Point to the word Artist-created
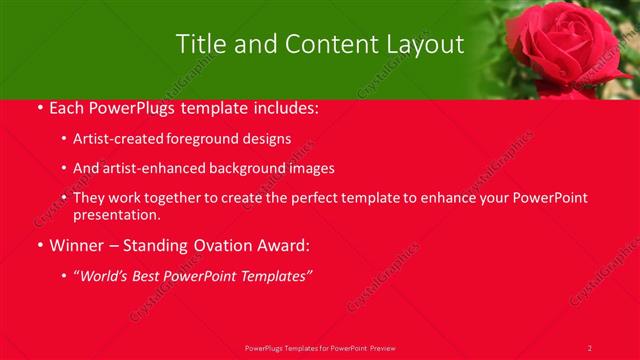tap(114, 139)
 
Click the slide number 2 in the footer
tap(589, 347)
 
